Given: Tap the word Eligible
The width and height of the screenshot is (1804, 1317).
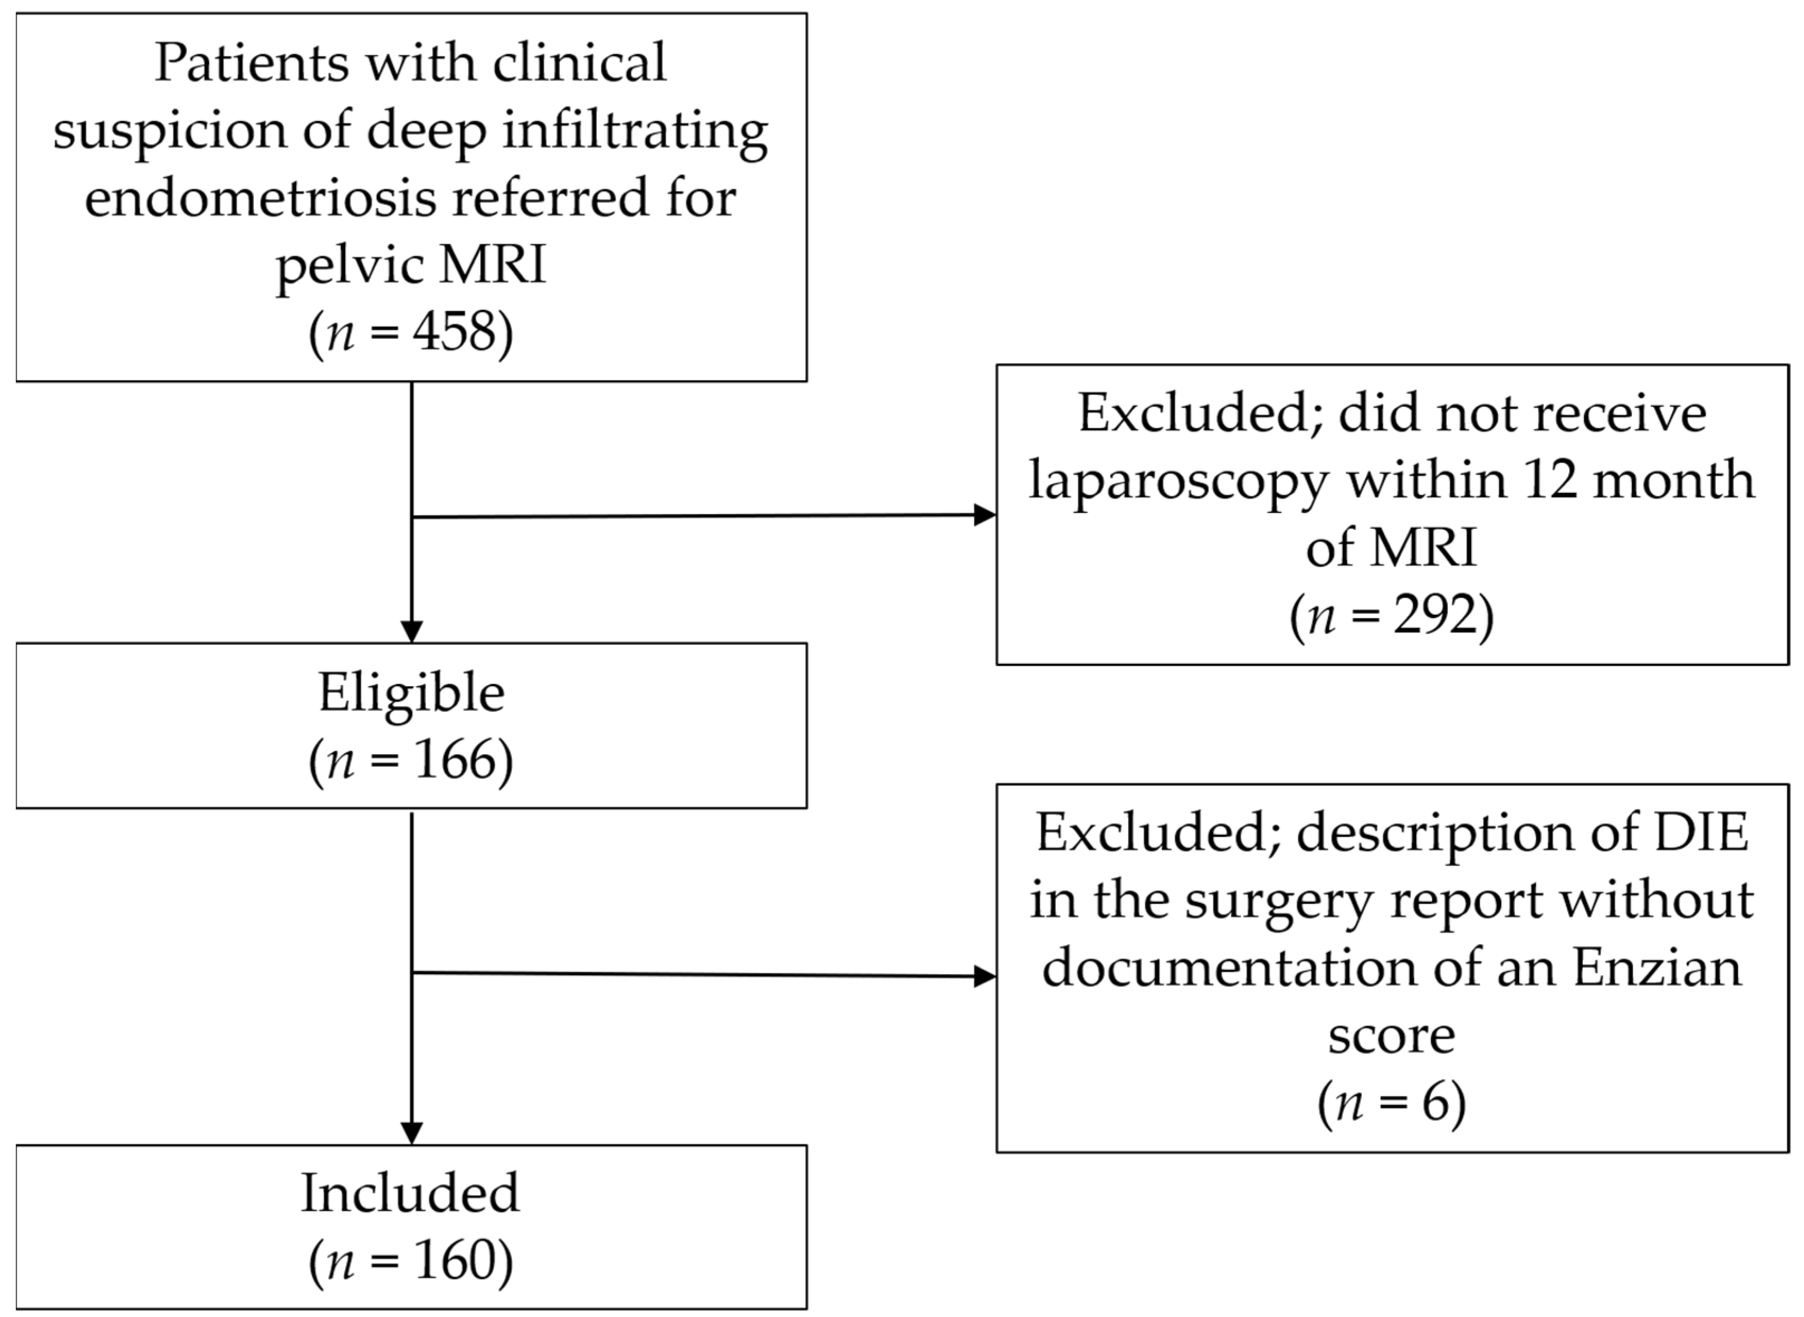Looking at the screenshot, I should (411, 693).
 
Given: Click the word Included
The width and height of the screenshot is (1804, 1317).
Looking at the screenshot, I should (410, 1194).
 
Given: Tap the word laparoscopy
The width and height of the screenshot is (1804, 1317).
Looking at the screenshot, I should (1178, 481).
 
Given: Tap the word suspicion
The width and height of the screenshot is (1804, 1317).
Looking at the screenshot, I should (170, 130).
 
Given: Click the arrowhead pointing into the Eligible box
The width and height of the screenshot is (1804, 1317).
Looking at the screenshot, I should (411, 631).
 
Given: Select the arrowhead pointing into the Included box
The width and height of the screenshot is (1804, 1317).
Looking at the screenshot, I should (411, 1133).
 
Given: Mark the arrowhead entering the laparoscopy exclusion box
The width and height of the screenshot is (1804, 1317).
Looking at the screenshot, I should (985, 515).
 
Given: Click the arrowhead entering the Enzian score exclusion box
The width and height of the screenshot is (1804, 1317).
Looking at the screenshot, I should (985, 976).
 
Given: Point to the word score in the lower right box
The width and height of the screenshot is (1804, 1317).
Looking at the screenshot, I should (1391, 1036).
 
